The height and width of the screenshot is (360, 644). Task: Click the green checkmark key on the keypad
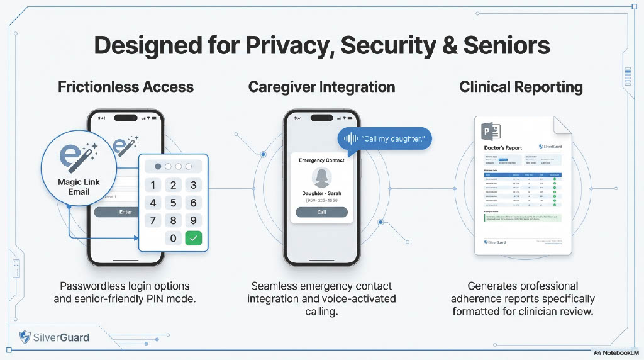pyautogui.click(x=194, y=238)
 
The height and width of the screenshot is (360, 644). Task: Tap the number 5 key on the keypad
pyautogui.click(x=174, y=203)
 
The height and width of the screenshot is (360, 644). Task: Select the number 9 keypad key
pyautogui.click(x=194, y=220)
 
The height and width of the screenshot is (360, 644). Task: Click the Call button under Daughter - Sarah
pyautogui.click(x=321, y=212)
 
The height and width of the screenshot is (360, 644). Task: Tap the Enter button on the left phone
pyautogui.click(x=126, y=212)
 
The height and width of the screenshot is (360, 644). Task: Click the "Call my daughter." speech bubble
pyautogui.click(x=385, y=138)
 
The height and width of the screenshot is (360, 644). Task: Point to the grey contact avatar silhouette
pyautogui.click(x=321, y=176)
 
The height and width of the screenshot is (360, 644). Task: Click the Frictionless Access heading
pyautogui.click(x=126, y=87)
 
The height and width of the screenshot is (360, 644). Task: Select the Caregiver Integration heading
pyautogui.click(x=321, y=87)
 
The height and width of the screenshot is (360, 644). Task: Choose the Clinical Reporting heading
pyautogui.click(x=521, y=87)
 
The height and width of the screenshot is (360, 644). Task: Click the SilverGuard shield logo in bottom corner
pyautogui.click(x=25, y=337)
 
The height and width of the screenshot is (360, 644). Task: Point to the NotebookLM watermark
pyautogui.click(x=616, y=352)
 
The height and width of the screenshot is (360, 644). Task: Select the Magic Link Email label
pyautogui.click(x=79, y=187)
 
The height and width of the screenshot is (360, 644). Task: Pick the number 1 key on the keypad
pyautogui.click(x=153, y=185)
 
